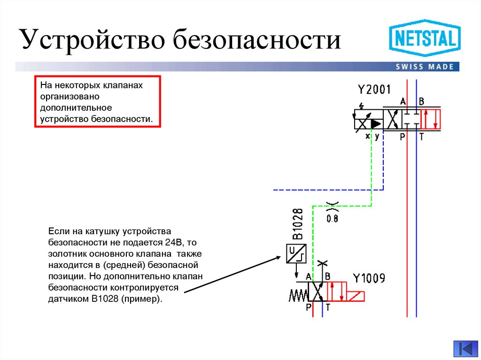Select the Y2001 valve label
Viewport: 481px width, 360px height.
[x=374, y=89]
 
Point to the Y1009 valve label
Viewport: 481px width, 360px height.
[x=369, y=278]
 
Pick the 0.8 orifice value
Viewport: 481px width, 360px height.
[x=332, y=218]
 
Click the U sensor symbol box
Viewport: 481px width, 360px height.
[x=296, y=254]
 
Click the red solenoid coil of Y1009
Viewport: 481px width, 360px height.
[x=356, y=296]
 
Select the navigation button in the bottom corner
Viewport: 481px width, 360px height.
[x=465, y=348]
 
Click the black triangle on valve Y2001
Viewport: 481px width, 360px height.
[x=376, y=123]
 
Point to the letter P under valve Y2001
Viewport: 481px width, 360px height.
[x=403, y=137]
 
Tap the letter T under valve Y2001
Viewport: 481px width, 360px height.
[x=421, y=137]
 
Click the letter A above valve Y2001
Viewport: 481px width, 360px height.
[x=403, y=101]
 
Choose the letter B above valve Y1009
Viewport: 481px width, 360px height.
[x=327, y=276]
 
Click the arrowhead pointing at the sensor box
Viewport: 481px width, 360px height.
[x=279, y=258]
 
